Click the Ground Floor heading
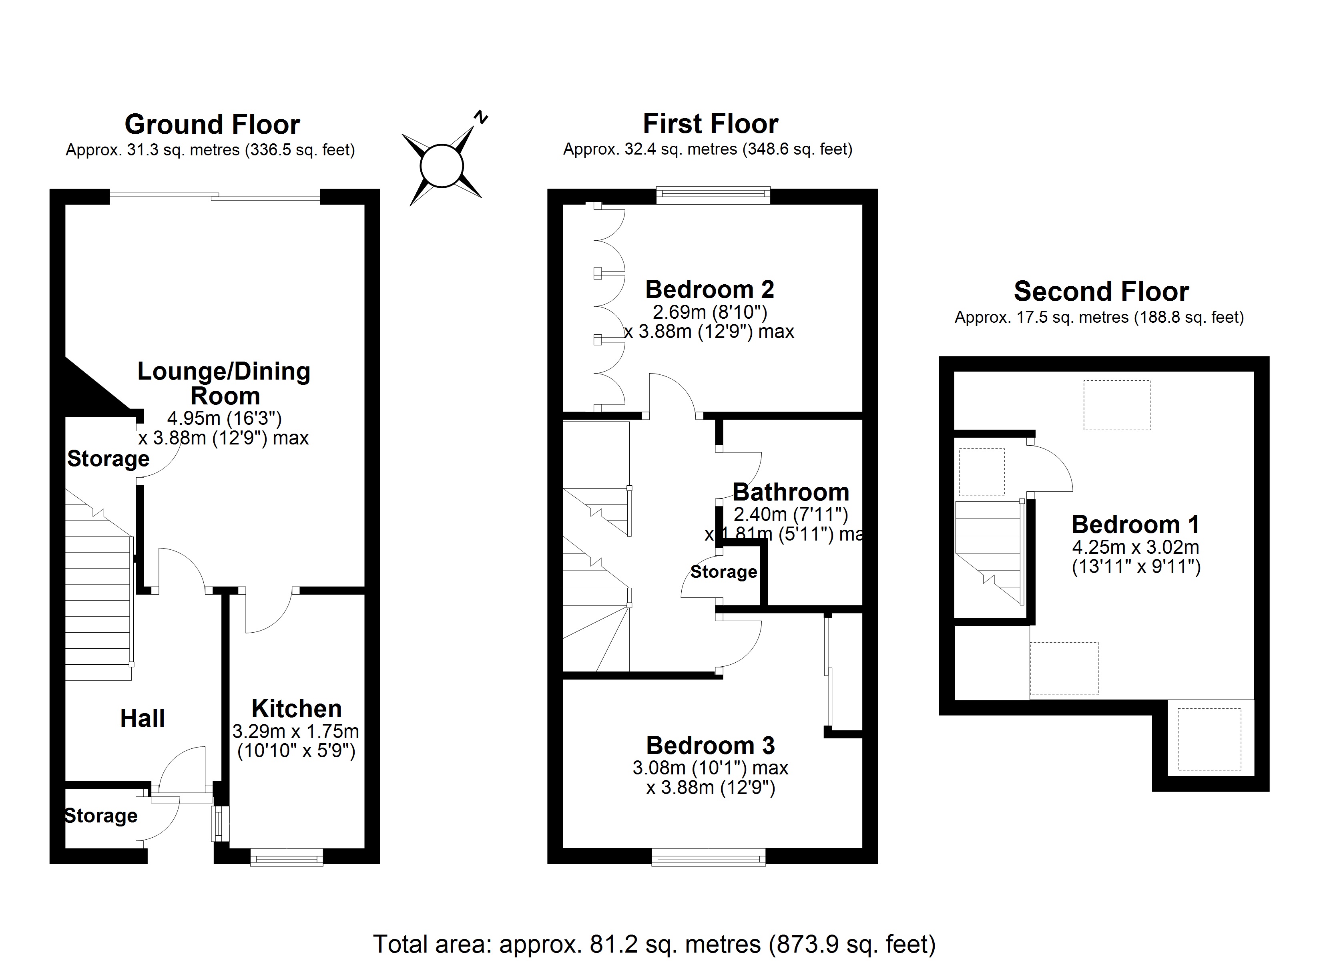212,125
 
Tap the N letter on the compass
480,117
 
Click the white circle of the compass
442,166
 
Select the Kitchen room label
297,709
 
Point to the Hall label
142,718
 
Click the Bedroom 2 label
709,290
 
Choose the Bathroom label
790,493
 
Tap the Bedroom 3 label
710,745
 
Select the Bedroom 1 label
1135,525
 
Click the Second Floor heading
1101,292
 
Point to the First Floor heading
710,124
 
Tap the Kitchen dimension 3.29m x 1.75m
296,731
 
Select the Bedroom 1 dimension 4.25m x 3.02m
1135,547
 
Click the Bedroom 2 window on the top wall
713,195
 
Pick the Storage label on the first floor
723,572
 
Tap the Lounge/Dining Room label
224,384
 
